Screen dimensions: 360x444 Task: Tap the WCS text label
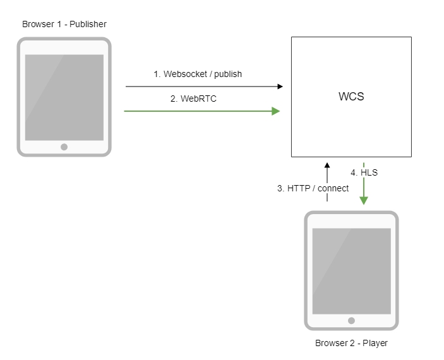pyautogui.click(x=351, y=97)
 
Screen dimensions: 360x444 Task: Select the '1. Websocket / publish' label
pyautogui.click(x=198, y=74)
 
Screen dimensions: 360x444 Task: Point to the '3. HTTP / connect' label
pyautogui.click(x=313, y=188)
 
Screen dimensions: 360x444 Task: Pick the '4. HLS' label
pyautogui.click(x=364, y=172)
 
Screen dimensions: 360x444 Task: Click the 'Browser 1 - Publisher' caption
pyautogui.click(x=64, y=25)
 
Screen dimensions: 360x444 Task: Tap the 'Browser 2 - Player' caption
pyautogui.click(x=351, y=343)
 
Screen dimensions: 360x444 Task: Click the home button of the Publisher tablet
pyautogui.click(x=64, y=147)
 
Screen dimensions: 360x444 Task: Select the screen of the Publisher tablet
pyautogui.click(x=64, y=97)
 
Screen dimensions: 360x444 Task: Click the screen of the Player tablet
pyautogui.click(x=351, y=271)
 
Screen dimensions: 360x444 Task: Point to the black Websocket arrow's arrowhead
pyautogui.click(x=279, y=86)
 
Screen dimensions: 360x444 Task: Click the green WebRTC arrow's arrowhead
pyautogui.click(x=275, y=111)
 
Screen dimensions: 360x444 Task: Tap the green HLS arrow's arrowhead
pyautogui.click(x=364, y=200)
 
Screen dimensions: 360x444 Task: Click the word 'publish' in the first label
pyautogui.click(x=228, y=74)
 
